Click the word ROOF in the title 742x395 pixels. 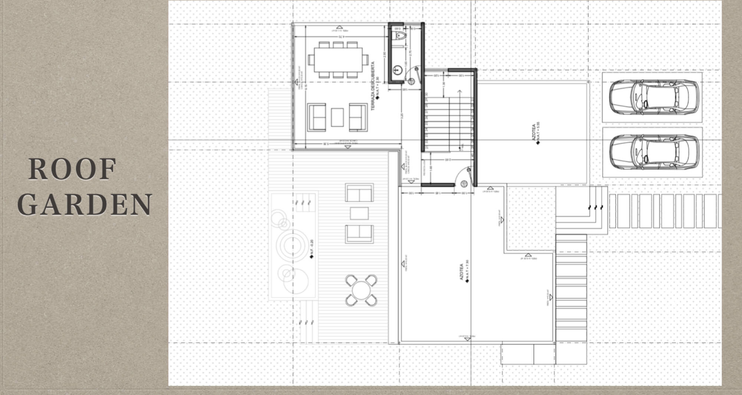click(72, 170)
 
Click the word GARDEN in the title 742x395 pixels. click(85, 204)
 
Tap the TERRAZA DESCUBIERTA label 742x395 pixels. click(374, 86)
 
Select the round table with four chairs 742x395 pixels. click(361, 290)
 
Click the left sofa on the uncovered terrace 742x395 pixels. click(317, 117)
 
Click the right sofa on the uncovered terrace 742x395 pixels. click(358, 117)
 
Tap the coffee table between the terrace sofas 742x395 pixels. click(337, 117)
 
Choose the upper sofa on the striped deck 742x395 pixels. click(359, 192)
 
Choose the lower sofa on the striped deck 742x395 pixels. click(359, 234)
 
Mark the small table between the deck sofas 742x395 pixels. click(359, 213)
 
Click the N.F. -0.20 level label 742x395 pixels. click(312, 249)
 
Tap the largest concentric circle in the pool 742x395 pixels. click(293, 245)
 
